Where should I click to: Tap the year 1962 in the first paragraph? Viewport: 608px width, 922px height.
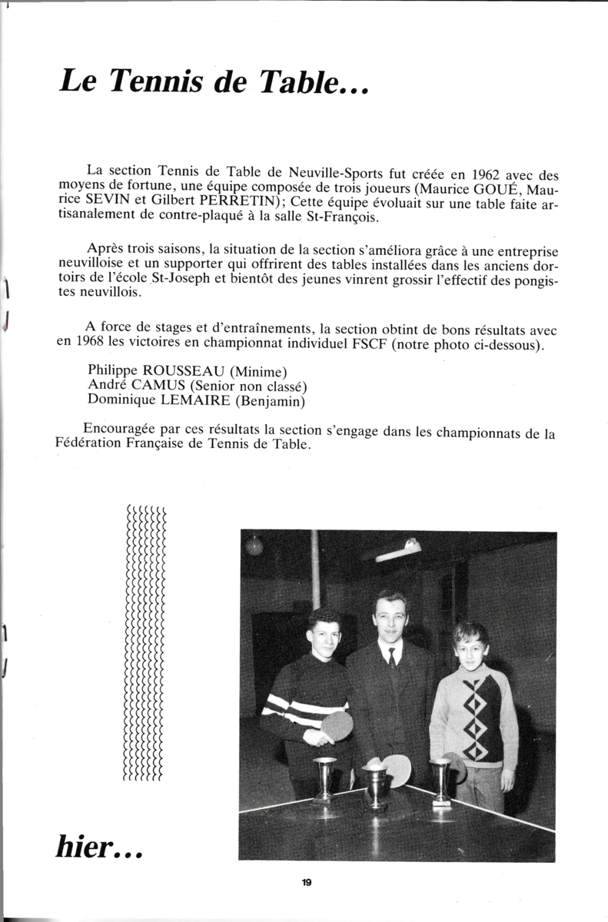point(487,173)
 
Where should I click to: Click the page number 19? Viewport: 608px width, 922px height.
point(306,882)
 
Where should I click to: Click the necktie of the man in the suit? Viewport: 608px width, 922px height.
point(392,658)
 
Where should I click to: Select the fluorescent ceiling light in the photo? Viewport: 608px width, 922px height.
point(399,551)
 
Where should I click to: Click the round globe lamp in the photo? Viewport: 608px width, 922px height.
point(254,545)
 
